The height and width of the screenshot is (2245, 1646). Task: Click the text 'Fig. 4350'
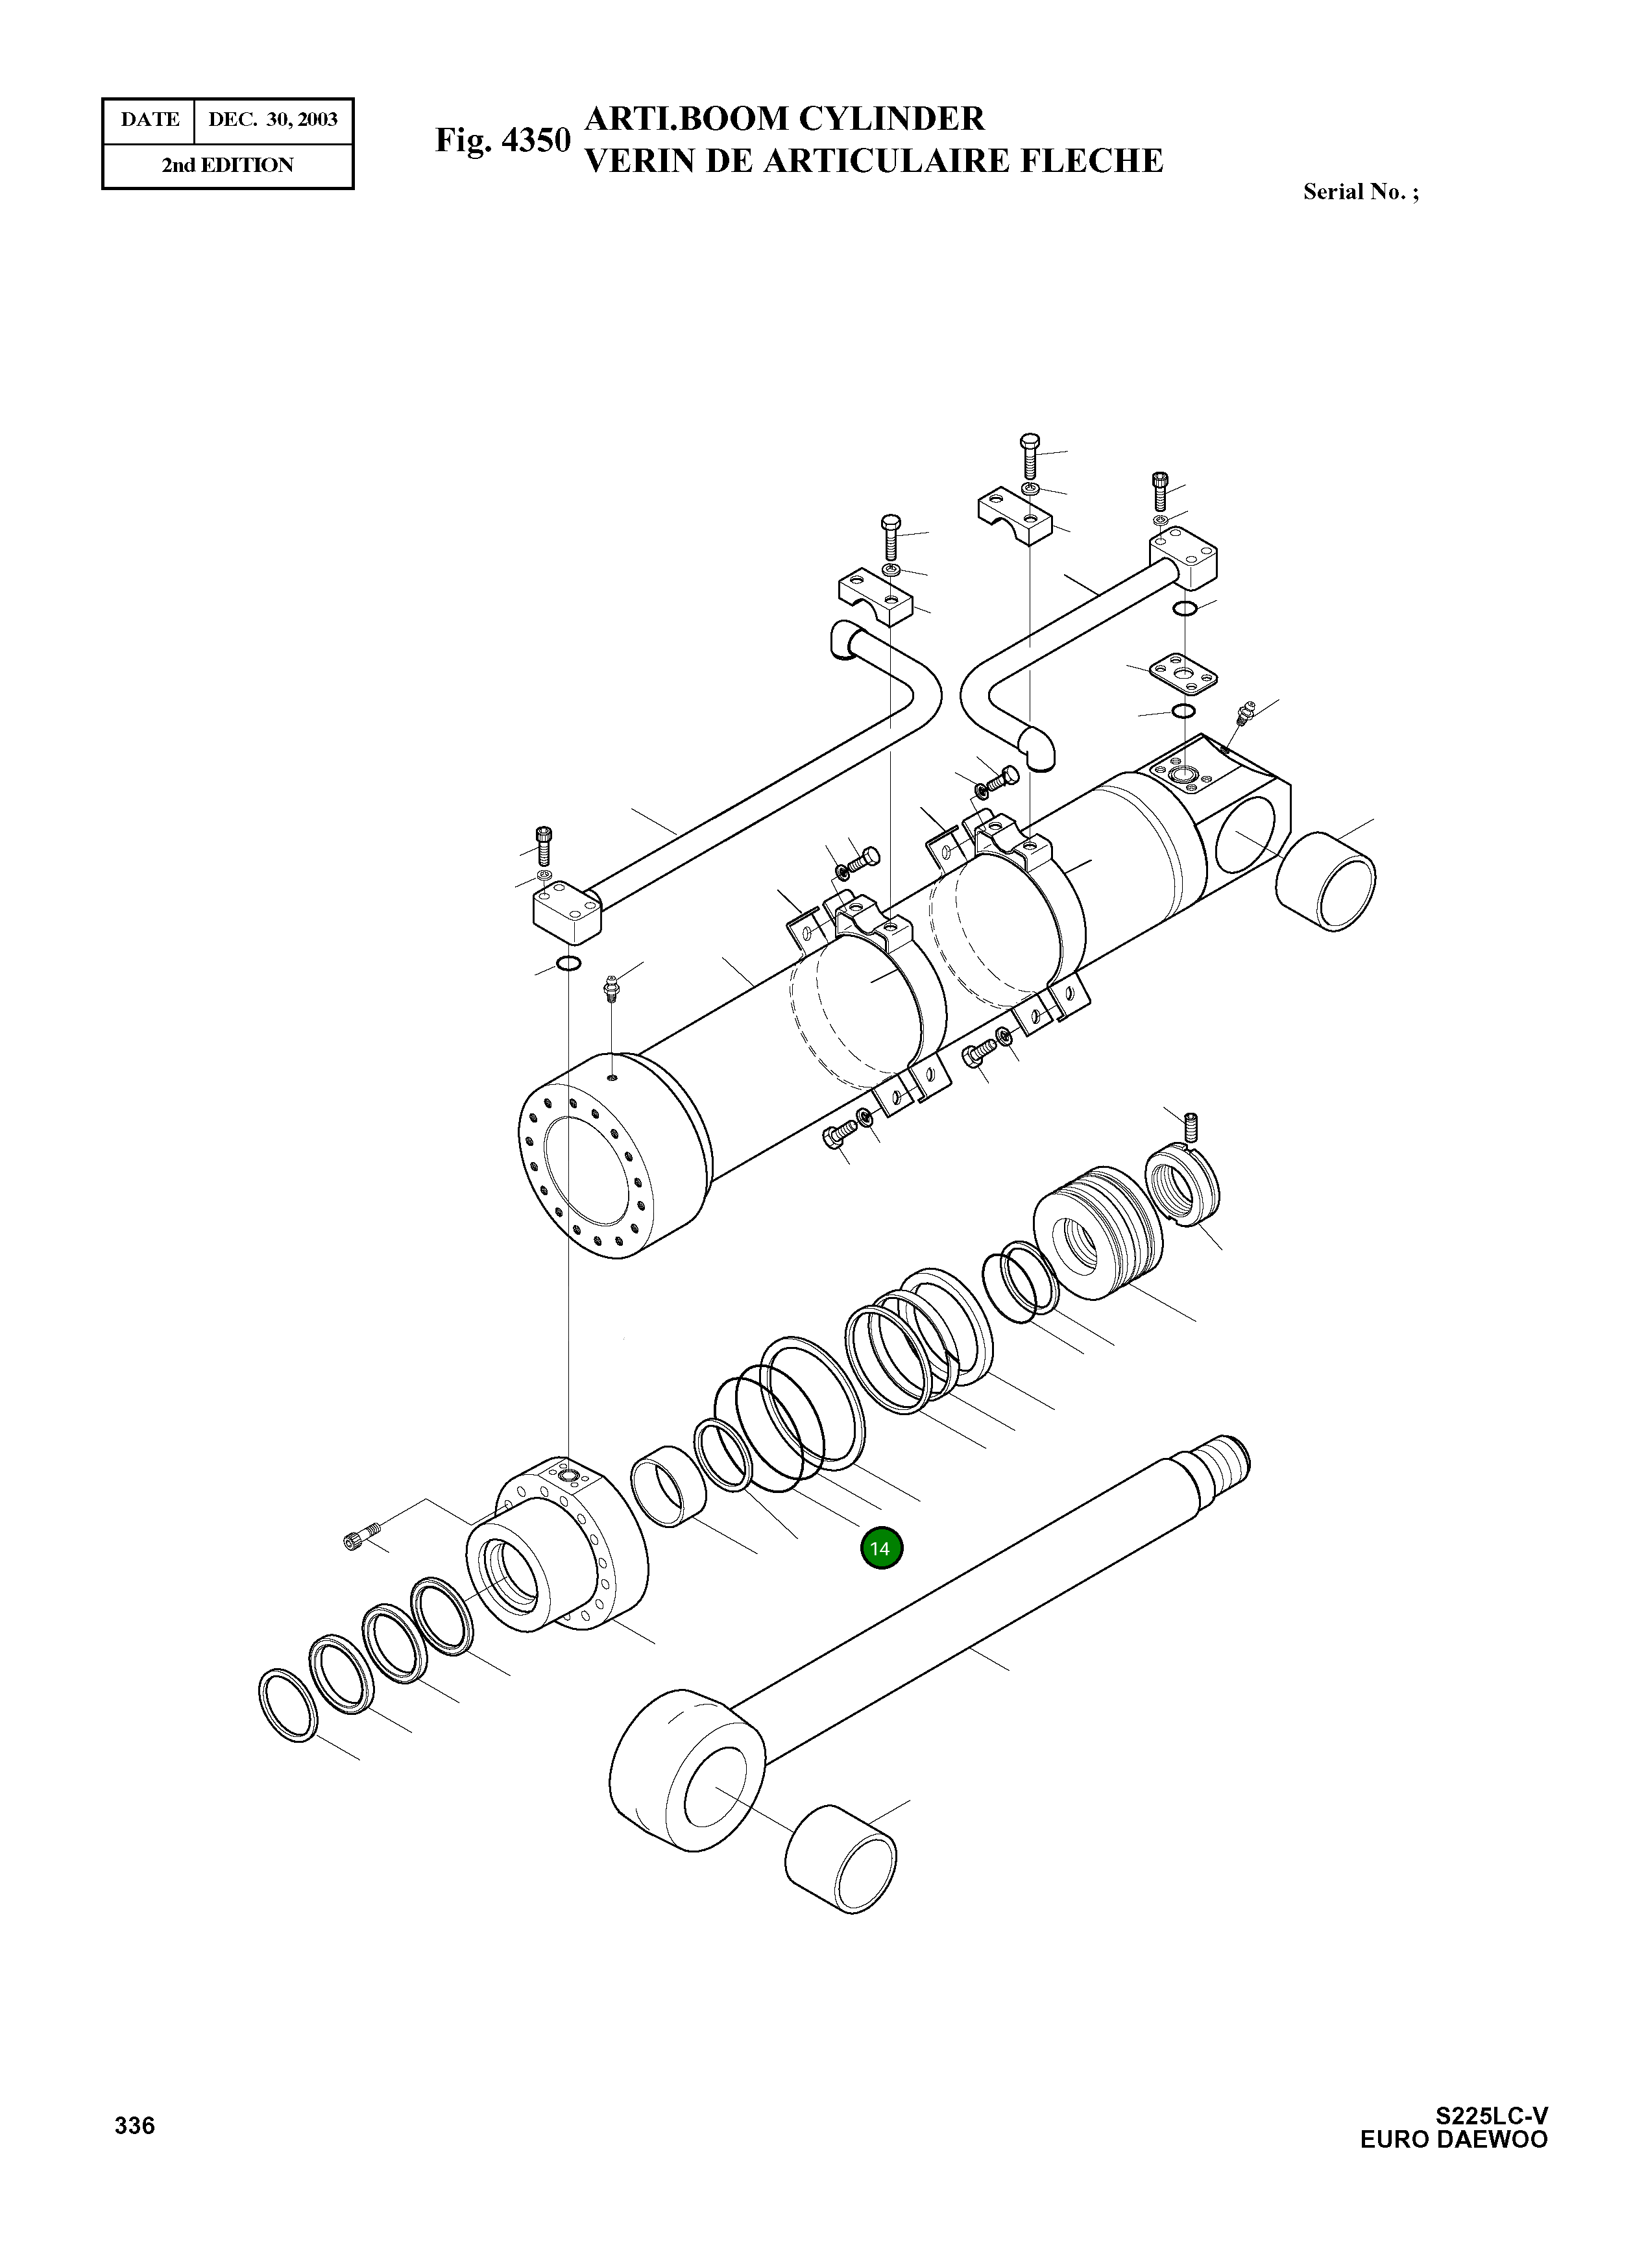(x=502, y=141)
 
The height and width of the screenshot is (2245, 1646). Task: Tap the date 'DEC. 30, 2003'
(x=272, y=119)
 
